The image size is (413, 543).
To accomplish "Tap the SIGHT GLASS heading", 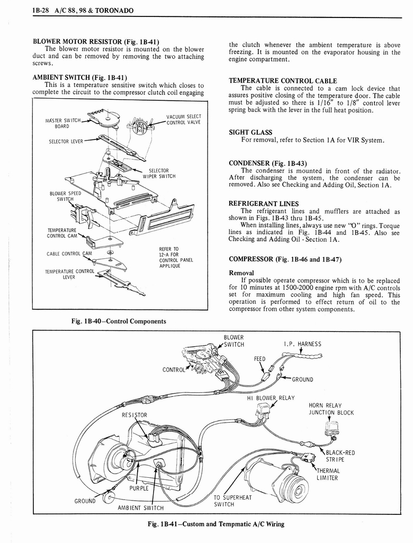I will pos(250,132).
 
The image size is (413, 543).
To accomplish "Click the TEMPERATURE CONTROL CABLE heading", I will pos(283,81).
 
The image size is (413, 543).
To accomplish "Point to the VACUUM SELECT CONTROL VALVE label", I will pos(183,120).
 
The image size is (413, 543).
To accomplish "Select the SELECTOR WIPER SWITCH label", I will pos(159,173).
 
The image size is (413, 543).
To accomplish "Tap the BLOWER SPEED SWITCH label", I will pos(65,196).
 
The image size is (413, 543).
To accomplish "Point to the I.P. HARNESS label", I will pos(302,344).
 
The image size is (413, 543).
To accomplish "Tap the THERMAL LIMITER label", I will pos(329,474).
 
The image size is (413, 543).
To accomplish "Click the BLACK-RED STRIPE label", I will pos(339,456).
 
